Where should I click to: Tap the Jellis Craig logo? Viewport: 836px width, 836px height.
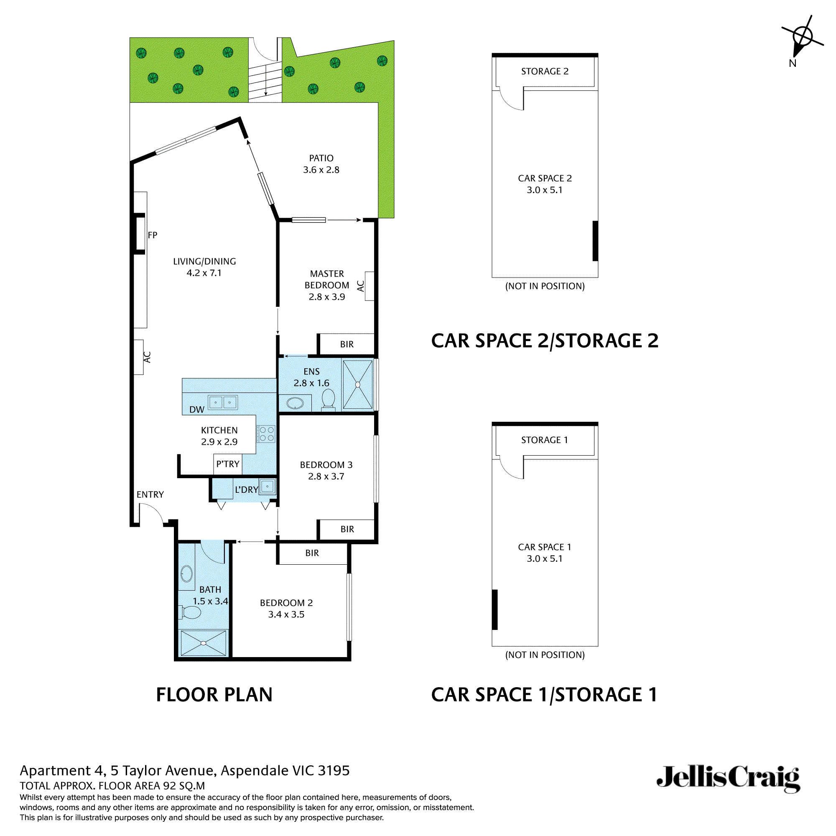(728, 777)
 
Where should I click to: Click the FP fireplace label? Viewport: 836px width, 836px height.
(152, 235)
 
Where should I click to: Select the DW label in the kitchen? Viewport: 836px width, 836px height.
(197, 409)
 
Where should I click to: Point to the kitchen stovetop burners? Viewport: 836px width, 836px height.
(267, 434)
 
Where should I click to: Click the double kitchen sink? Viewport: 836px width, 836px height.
(223, 403)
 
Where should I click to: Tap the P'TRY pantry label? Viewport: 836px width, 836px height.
(228, 464)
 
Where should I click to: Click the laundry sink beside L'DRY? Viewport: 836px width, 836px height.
(268, 487)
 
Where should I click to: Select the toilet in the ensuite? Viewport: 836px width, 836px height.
(329, 399)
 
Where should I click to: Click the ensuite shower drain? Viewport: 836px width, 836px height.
(357, 384)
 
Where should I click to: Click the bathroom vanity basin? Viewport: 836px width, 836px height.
(186, 574)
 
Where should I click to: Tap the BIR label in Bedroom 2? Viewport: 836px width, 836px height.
(312, 553)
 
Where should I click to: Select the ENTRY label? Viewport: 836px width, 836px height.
(150, 494)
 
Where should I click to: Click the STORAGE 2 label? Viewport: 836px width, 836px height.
(545, 71)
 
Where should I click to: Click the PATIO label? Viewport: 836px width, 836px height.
(321, 158)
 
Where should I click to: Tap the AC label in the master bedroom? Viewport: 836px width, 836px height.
(360, 286)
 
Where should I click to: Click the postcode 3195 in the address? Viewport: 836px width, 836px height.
(334, 771)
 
